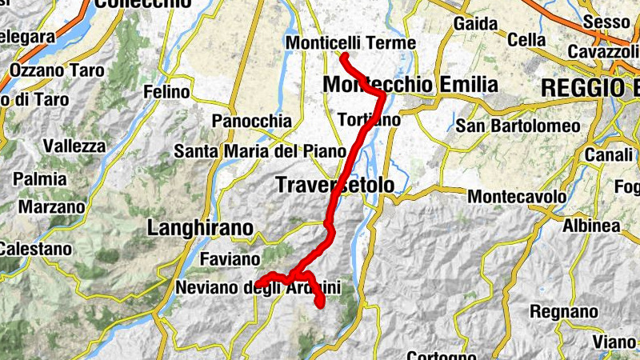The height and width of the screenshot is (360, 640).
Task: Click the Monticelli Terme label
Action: click(x=351, y=43)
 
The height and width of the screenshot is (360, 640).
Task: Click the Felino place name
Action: click(x=166, y=93)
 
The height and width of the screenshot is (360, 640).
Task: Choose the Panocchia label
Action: click(x=252, y=122)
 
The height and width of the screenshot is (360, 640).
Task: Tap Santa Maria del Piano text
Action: click(x=260, y=150)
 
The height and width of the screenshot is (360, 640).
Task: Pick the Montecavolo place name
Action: click(x=518, y=196)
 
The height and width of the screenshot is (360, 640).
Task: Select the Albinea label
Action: click(x=590, y=226)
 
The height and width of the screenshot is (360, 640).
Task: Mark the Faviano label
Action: click(x=230, y=259)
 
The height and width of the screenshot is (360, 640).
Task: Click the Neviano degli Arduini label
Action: click(x=258, y=287)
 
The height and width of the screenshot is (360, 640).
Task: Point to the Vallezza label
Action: click(x=74, y=146)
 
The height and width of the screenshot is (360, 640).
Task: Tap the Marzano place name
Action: click(x=51, y=206)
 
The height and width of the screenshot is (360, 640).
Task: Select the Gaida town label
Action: click(x=476, y=24)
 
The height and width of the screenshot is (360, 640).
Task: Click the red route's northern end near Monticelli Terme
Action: click(x=342, y=56)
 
